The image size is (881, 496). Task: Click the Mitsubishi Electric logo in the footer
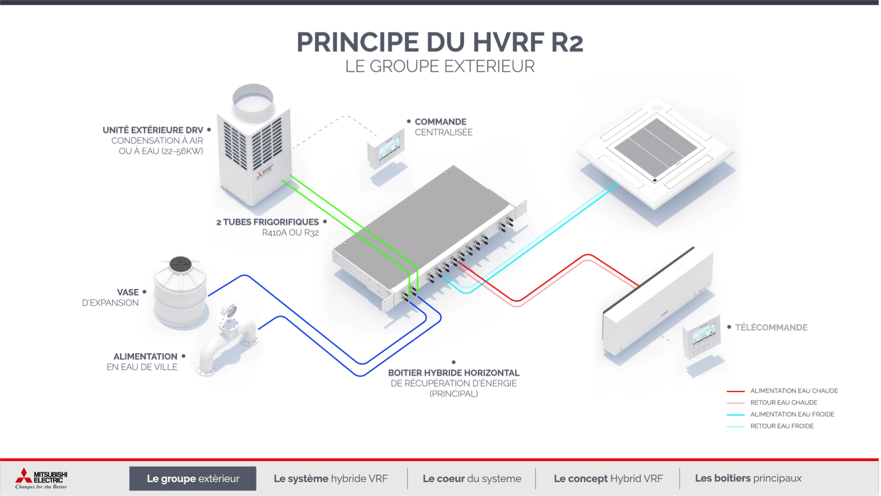[x=41, y=479]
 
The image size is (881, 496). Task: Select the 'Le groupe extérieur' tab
[x=193, y=479]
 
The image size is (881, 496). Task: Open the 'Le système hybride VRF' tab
[x=330, y=479]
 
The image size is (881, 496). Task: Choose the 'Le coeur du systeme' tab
[x=472, y=479]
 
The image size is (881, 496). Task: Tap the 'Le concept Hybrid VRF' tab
[x=608, y=479]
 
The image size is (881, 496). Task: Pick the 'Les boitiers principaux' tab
[x=748, y=478]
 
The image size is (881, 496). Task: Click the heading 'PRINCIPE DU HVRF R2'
[x=440, y=42]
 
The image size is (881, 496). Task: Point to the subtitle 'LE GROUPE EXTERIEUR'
[x=440, y=66]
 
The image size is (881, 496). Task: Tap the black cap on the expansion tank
[x=180, y=264]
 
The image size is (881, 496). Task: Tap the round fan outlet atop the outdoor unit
[x=253, y=101]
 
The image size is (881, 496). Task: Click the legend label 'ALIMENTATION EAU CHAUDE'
[x=794, y=391]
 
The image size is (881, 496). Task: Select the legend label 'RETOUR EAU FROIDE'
[x=782, y=426]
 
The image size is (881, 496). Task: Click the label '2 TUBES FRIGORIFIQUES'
[x=268, y=222]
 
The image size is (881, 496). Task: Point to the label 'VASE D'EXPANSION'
[x=110, y=297]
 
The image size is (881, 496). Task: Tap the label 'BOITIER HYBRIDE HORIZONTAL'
[x=454, y=373]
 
